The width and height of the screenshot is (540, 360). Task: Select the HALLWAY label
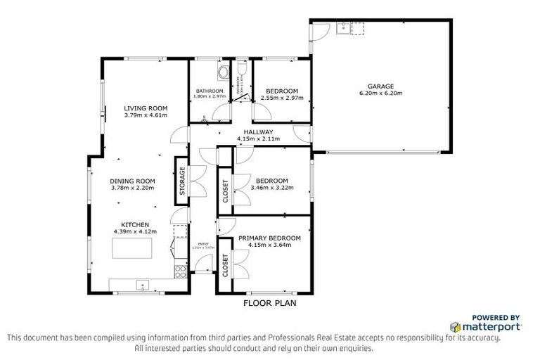(x=258, y=131)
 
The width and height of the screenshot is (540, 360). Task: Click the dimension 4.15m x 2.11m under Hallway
(x=258, y=139)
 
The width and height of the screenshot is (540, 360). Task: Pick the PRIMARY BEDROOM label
(x=269, y=238)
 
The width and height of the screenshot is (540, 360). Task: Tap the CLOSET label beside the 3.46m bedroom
(x=225, y=190)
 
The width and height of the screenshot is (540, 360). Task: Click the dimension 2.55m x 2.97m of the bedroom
(x=281, y=98)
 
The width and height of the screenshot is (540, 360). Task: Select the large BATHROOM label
(x=210, y=91)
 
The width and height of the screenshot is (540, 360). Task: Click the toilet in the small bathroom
(x=243, y=68)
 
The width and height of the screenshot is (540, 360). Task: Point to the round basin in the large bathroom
(x=224, y=72)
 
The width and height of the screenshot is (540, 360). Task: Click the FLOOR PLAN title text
(x=270, y=304)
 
